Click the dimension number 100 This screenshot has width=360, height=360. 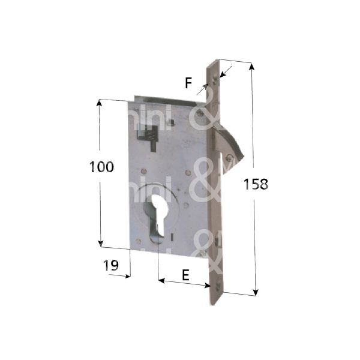(x=101, y=167)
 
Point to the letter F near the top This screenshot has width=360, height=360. (x=188, y=83)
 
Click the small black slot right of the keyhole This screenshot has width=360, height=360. (x=170, y=238)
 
